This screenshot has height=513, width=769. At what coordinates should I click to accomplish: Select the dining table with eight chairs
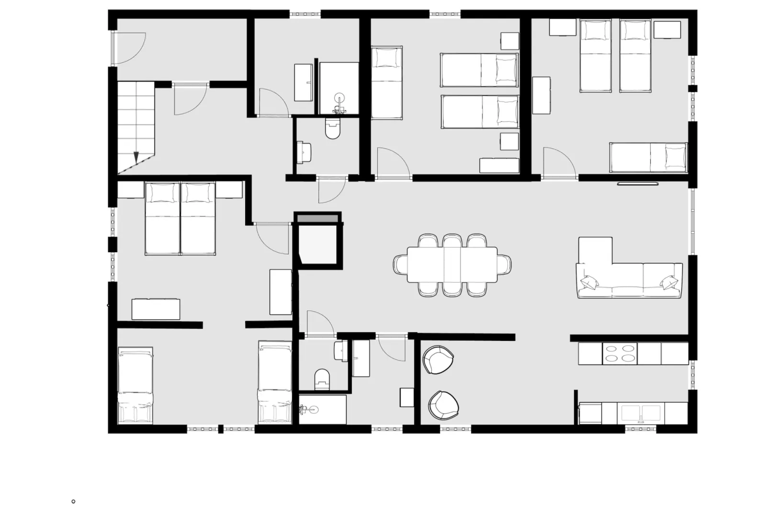click(x=452, y=265)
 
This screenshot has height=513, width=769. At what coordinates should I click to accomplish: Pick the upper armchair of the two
click(x=438, y=360)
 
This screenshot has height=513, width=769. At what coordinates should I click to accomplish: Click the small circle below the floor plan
click(x=73, y=501)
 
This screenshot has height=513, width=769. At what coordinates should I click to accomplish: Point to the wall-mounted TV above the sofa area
click(x=638, y=183)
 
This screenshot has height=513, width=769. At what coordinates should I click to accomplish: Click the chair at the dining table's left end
click(x=400, y=264)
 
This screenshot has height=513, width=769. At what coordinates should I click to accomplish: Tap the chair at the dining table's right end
click(x=504, y=265)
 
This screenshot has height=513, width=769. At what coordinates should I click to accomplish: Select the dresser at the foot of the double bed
click(x=156, y=309)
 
